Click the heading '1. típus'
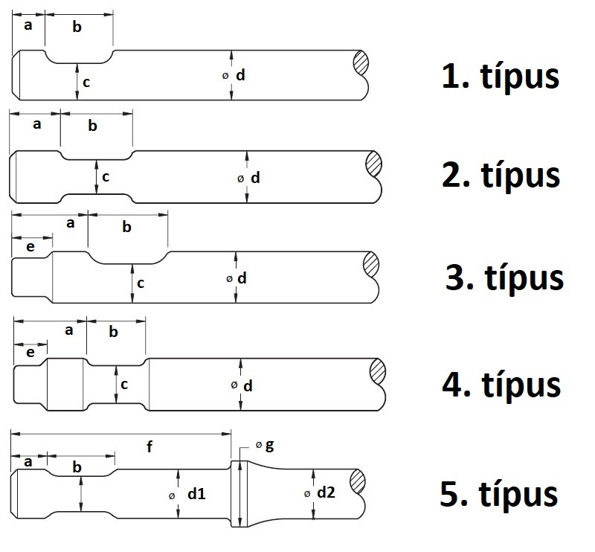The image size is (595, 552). (500, 77)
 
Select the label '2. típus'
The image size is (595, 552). (500, 175)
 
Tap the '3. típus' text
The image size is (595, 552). (504, 277)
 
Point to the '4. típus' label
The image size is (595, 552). (501, 385)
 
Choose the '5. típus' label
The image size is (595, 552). (498, 494)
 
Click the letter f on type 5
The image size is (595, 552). (149, 446)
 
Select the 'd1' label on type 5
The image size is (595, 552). (197, 493)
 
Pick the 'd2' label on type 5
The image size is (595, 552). (327, 492)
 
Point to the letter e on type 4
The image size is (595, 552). (30, 353)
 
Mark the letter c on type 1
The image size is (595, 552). (86, 83)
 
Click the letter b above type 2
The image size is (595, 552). (93, 126)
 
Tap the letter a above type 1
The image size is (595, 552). (29, 25)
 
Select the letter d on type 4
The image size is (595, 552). (248, 385)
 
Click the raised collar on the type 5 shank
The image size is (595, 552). (239, 493)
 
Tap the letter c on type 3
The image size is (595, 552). (141, 283)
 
